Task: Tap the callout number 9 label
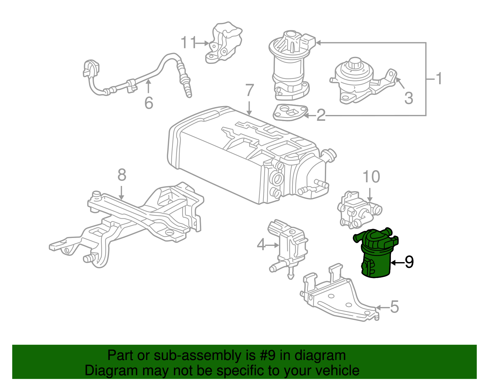click(409, 262)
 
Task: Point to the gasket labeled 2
click(289, 112)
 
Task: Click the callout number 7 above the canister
click(250, 90)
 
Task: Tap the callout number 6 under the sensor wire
click(149, 103)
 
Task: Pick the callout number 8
click(122, 175)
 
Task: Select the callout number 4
click(261, 245)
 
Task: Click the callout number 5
click(395, 307)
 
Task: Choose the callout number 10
click(371, 177)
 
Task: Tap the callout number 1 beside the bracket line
click(439, 79)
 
